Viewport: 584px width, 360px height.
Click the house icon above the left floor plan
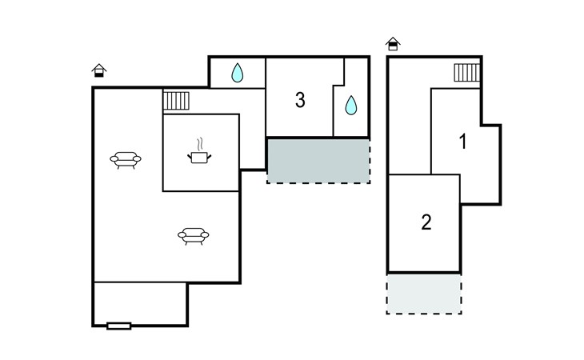coord(99,70)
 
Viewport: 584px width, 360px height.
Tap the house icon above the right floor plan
coord(393,43)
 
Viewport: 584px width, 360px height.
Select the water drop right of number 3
coord(351,105)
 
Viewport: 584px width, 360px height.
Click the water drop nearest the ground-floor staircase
coord(238,73)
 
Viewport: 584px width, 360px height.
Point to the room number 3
coord(300,100)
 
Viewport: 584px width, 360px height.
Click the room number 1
coord(463,142)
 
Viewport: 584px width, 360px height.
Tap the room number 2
coord(426,222)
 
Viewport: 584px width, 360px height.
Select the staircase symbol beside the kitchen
coord(176,101)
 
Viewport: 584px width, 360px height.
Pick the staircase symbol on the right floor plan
coord(467,73)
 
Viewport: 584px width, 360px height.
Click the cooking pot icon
coord(199,157)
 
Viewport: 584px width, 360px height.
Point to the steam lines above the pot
coord(200,145)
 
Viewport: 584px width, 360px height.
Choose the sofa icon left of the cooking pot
coord(126,160)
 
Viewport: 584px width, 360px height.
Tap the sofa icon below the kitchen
coord(194,236)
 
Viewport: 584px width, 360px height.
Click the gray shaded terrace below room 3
coord(319,161)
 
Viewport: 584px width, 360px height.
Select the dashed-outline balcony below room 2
coord(424,294)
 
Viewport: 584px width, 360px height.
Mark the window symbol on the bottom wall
coord(119,326)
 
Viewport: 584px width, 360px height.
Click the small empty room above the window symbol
coord(140,304)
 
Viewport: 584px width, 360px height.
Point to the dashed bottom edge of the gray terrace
coord(319,182)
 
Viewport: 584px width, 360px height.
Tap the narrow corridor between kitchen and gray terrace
coord(252,141)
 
